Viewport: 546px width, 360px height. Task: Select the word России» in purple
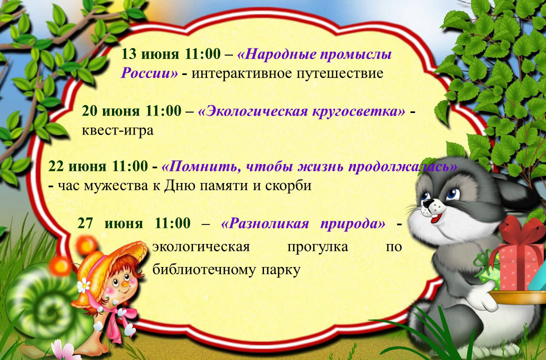(149, 73)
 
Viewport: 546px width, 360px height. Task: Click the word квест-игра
(117, 131)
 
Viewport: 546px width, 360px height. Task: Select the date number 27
(85, 223)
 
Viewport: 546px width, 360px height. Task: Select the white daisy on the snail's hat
(83, 285)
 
